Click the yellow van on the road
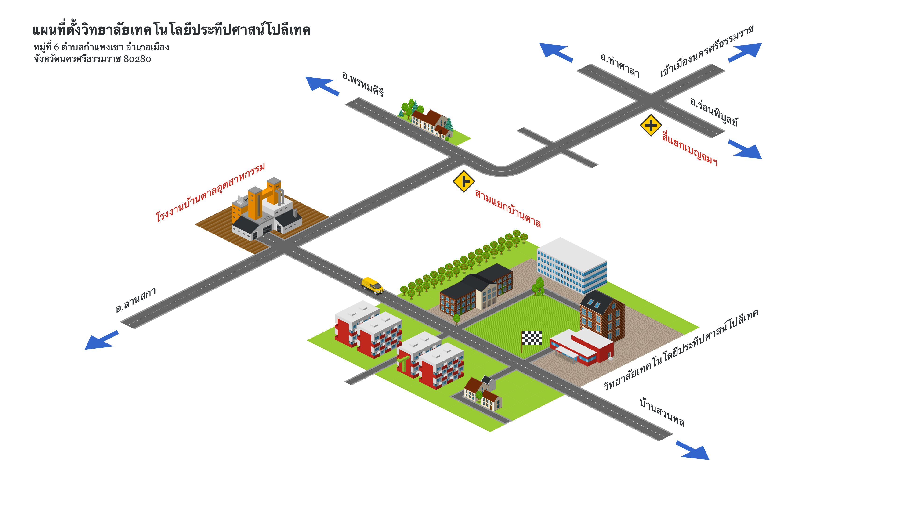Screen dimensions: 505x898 [x=372, y=285]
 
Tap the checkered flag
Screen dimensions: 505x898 [x=532, y=338]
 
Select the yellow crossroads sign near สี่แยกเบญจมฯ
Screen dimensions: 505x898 [x=651, y=125]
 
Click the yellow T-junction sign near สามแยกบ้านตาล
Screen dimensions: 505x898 [x=464, y=181]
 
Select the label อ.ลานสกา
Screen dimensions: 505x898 [x=136, y=300]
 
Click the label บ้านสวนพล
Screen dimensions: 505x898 [x=662, y=412]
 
